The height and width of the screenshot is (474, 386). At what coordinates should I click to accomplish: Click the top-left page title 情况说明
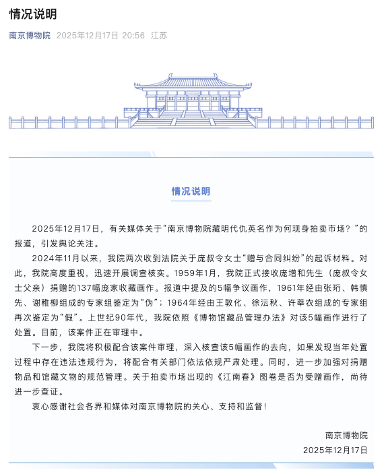point(32,13)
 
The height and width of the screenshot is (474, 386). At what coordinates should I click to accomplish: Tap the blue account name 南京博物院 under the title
point(30,35)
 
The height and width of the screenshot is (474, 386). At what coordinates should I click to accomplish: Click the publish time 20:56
point(133,35)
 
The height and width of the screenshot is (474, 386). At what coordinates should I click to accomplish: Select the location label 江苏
point(159,35)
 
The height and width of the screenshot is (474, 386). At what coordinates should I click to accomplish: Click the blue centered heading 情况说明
point(191,191)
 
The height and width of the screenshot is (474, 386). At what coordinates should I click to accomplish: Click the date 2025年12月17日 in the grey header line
point(88,35)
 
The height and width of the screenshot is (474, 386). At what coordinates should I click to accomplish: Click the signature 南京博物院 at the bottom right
point(346,435)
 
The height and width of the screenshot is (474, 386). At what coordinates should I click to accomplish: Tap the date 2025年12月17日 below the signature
point(335,449)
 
